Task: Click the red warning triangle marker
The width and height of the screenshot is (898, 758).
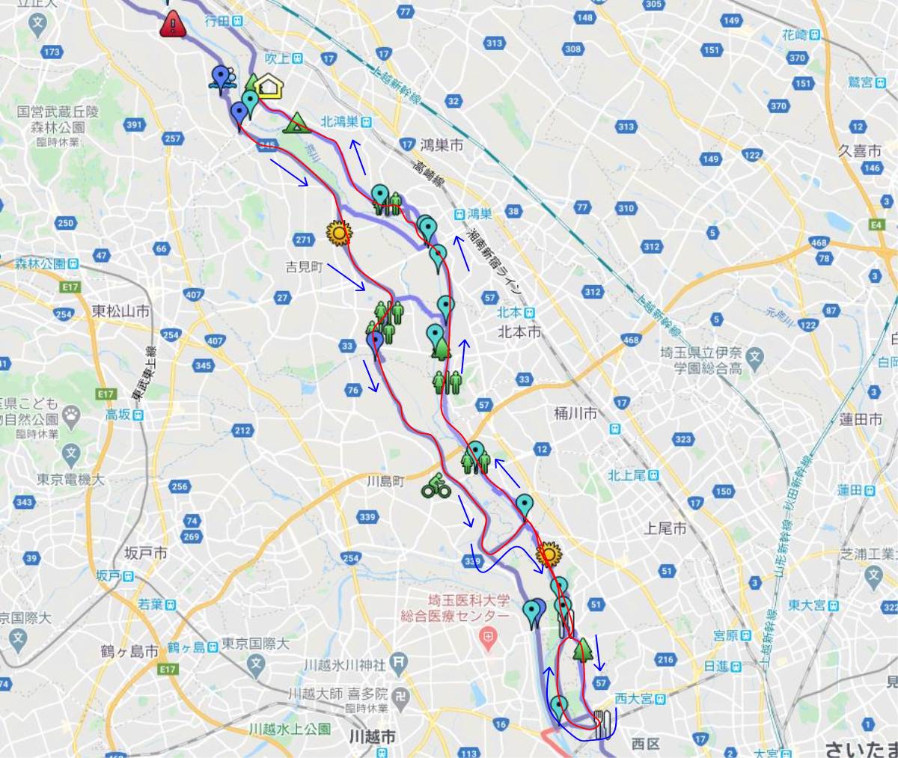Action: tap(173, 25)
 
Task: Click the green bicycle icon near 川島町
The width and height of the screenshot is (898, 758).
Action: tap(435, 486)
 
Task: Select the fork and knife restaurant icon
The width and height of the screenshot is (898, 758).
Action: tap(603, 723)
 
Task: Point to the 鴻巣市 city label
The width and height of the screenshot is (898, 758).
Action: tap(441, 146)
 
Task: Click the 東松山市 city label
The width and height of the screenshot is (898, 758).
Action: tap(120, 311)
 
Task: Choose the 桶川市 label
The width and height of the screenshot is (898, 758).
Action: tap(575, 412)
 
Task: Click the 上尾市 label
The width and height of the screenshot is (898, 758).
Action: tap(665, 528)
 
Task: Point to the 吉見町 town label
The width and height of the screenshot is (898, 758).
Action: tap(304, 266)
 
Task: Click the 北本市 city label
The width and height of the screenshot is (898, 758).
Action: tap(519, 331)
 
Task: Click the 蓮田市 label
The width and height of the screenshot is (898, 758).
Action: tap(861, 420)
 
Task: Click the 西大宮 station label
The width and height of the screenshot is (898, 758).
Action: tap(635, 699)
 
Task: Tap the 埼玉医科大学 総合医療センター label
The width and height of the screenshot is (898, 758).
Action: tap(468, 608)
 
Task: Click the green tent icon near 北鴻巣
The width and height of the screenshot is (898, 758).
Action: tap(296, 121)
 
